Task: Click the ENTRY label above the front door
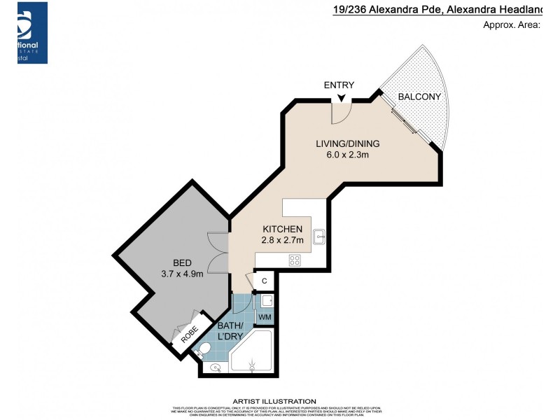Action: (x=339, y=85)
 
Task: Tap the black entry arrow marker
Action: (x=341, y=99)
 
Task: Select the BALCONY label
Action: (x=419, y=97)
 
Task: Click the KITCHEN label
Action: (x=282, y=229)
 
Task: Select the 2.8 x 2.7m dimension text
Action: (x=282, y=240)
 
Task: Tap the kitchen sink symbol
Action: (x=319, y=237)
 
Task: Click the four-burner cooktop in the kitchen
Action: (x=295, y=260)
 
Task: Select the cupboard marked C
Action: (x=264, y=281)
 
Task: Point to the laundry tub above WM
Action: (x=265, y=300)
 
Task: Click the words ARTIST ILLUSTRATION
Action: (x=278, y=401)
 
